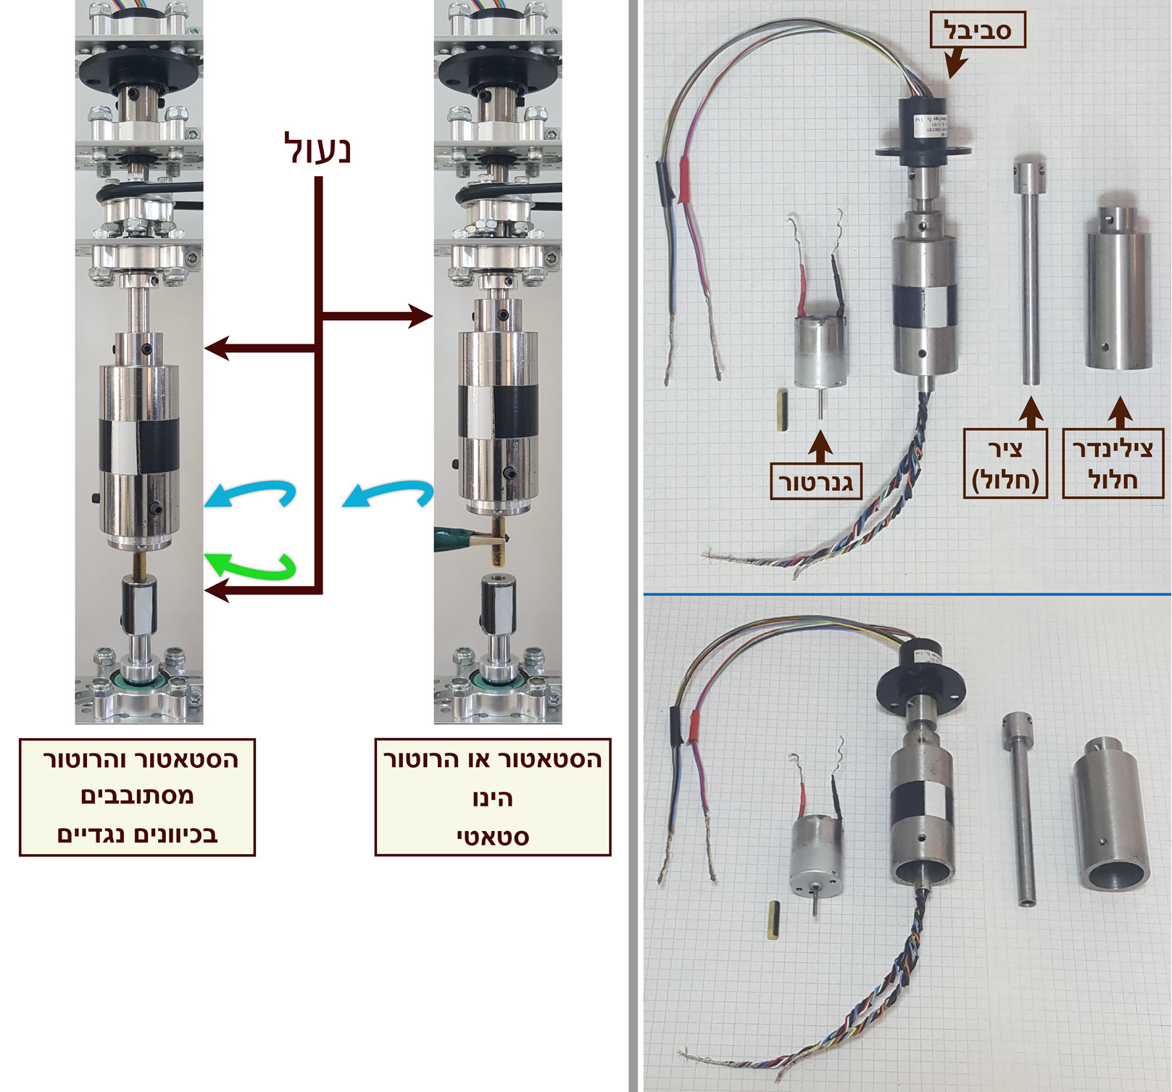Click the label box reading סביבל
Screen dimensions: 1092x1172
pyautogui.click(x=977, y=30)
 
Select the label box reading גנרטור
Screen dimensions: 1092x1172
pyautogui.click(x=815, y=481)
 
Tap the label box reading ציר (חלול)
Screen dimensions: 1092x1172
pyautogui.click(x=1005, y=463)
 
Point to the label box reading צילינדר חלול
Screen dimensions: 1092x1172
pyautogui.click(x=1113, y=463)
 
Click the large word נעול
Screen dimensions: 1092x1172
pyautogui.click(x=317, y=149)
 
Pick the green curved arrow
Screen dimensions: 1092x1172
pyautogui.click(x=254, y=566)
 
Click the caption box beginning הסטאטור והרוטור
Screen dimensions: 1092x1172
pyautogui.click(x=137, y=797)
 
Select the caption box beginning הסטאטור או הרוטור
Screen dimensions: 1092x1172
pyautogui.click(x=493, y=797)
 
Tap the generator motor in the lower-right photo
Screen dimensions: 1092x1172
pyautogui.click(x=817, y=856)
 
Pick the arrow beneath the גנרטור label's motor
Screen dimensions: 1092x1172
pyautogui.click(x=820, y=446)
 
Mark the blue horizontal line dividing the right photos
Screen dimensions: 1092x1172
pyautogui.click(x=906, y=595)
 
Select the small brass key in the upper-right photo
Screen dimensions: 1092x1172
pyautogui.click(x=782, y=410)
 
